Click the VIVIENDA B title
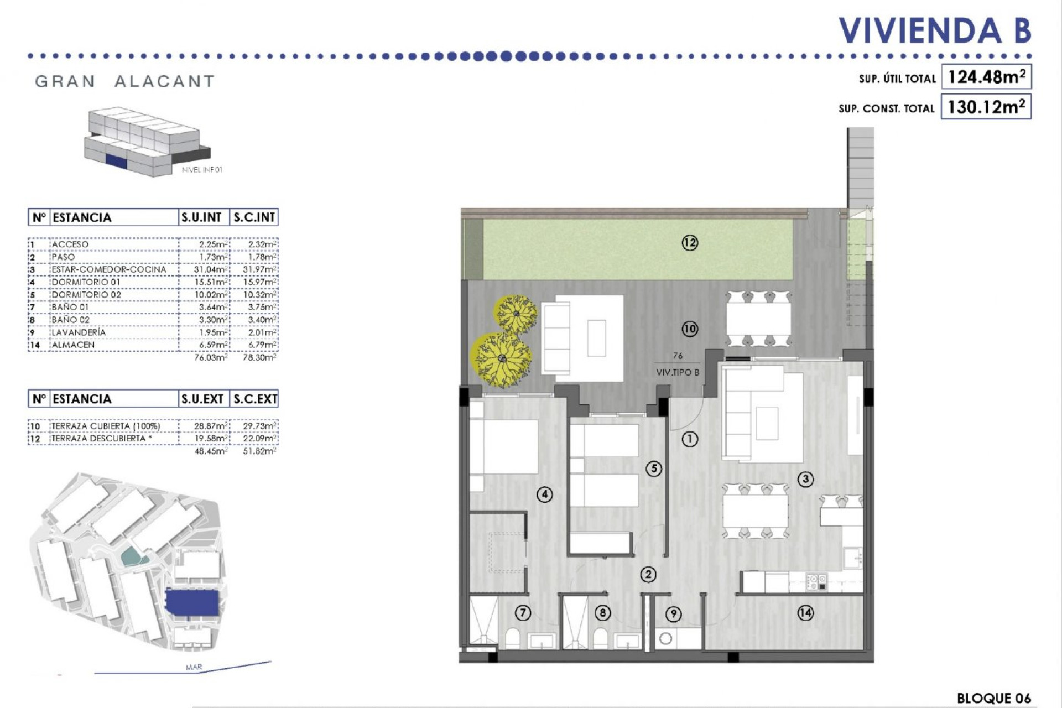tap(935, 30)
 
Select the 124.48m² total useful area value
tap(986, 77)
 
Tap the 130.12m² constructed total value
tap(986, 107)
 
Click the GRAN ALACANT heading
tap(124, 81)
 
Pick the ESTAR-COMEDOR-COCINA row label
tap(108, 269)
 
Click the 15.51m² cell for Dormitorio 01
tap(212, 282)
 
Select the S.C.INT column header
tap(254, 217)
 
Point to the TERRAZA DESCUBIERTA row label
tap(98, 439)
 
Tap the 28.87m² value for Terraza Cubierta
tap(211, 426)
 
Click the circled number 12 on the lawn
tap(690, 243)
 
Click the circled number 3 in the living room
tap(805, 479)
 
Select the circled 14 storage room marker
tap(805, 612)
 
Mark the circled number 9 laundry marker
tap(673, 613)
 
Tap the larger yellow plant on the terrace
tap(501, 359)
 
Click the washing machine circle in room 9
tap(666, 639)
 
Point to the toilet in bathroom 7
tap(513, 639)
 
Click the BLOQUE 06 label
tap(993, 698)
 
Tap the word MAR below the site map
tap(194, 667)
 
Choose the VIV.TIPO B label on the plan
tap(678, 372)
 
